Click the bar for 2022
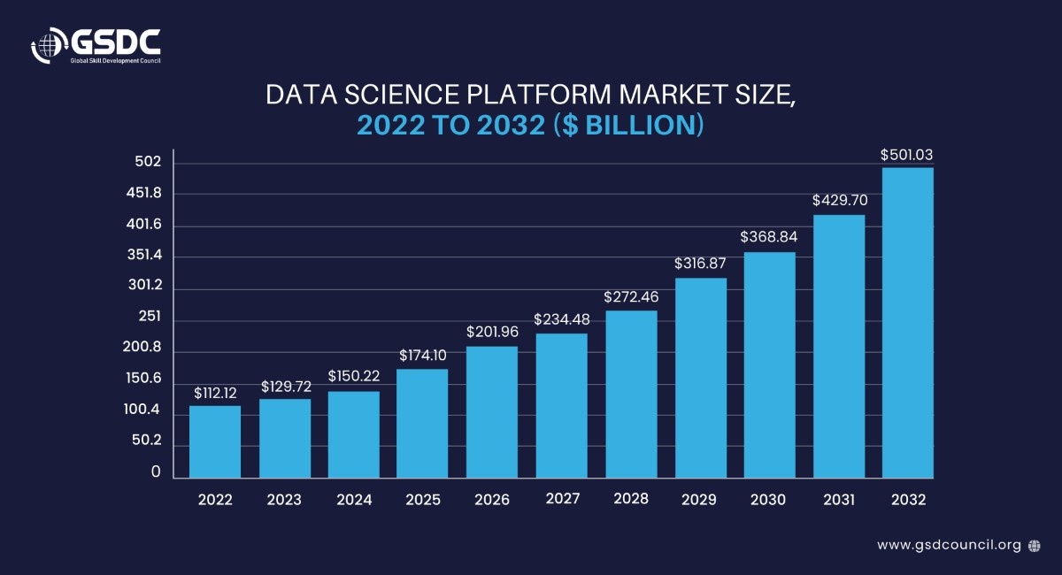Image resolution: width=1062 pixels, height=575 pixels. pos(215,441)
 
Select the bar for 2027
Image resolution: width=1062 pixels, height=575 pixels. pos(561,405)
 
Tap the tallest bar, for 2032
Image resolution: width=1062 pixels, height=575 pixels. pos(908,323)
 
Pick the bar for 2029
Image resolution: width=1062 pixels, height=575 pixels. pos(700,378)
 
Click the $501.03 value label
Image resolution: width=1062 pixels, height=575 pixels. pos(907,155)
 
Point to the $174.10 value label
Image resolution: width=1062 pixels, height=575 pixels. pos(422,356)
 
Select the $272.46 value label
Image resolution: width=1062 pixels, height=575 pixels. pos(630,296)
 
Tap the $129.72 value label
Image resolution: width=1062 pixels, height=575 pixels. pos(285,387)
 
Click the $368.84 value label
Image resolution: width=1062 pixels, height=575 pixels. pos(769,238)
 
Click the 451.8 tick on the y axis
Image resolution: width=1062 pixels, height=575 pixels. pos(143,193)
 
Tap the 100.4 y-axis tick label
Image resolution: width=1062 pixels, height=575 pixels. pos(142,410)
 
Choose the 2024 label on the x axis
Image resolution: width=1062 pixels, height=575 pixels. pos(354,500)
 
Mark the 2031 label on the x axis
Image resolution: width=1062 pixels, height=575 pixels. pos(839,500)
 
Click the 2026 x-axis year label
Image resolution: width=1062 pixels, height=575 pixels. pos(492,500)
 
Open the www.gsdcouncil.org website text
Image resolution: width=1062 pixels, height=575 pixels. pos(949,545)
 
